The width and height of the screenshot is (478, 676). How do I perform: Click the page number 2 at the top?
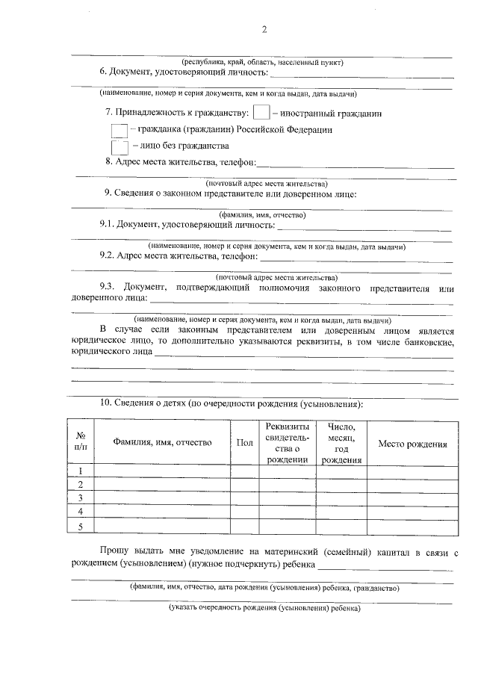(x=264, y=30)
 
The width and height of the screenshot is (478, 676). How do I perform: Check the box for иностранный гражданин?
(x=261, y=114)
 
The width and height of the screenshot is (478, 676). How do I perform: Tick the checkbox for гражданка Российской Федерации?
(x=119, y=130)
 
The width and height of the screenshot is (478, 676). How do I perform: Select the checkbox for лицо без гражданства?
(x=119, y=146)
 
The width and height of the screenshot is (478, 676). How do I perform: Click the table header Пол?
(x=244, y=443)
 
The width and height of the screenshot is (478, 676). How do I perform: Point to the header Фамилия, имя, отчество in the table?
(x=162, y=443)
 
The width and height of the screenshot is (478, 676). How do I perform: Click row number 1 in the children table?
(x=80, y=471)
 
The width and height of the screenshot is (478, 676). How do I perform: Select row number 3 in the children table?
(x=80, y=499)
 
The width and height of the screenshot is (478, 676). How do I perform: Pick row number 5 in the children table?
(x=80, y=527)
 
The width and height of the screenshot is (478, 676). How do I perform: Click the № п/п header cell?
(x=80, y=443)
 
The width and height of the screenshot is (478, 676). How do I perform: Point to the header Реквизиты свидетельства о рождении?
(x=288, y=443)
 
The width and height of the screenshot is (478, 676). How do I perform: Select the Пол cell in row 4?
(x=244, y=513)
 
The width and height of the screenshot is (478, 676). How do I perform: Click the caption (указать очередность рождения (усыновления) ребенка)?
(x=265, y=608)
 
